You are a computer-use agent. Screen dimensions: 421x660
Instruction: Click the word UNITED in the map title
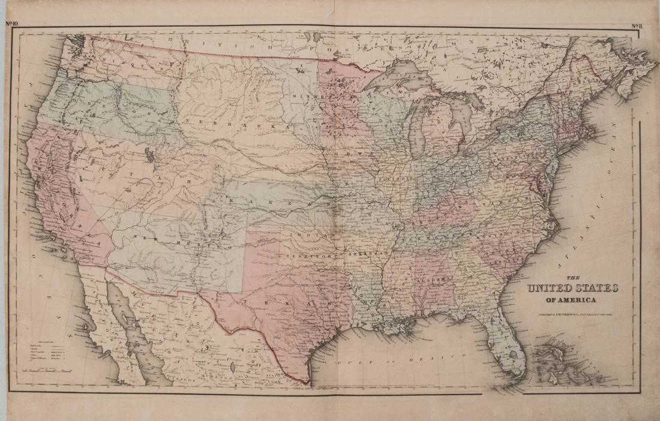[x=548, y=289]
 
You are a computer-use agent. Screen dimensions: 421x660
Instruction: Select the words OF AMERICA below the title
[x=571, y=300]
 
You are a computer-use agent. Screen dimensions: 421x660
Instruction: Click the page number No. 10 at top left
[x=13, y=24]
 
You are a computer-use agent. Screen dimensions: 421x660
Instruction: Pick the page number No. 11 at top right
[x=637, y=25]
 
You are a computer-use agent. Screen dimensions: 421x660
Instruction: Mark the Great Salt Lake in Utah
[x=149, y=155]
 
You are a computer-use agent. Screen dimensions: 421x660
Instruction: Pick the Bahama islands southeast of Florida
[x=555, y=360]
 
